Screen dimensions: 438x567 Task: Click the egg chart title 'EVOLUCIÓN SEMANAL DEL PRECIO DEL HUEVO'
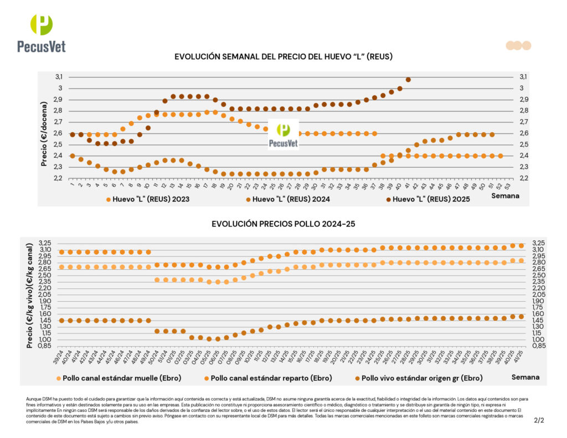pyautogui.click(x=283, y=57)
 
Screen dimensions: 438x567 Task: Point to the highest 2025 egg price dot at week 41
pyautogui.click(x=408, y=80)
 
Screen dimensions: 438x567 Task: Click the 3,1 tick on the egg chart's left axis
pyautogui.click(x=58, y=76)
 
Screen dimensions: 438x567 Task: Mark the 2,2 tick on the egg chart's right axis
pyautogui.click(x=523, y=178)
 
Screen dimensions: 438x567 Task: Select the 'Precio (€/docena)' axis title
pyautogui.click(x=44, y=133)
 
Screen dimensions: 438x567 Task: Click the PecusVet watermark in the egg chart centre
pyautogui.click(x=283, y=135)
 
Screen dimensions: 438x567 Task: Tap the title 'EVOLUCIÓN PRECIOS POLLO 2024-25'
pyautogui.click(x=283, y=224)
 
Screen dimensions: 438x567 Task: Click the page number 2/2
pyautogui.click(x=539, y=420)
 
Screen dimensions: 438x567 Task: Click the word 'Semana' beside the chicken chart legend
pyautogui.click(x=524, y=377)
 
